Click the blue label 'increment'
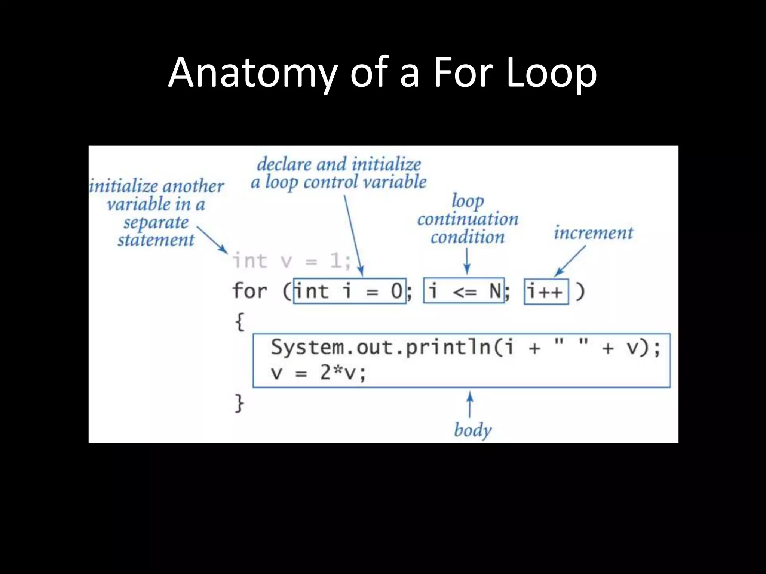click(593, 233)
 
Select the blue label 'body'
click(472, 430)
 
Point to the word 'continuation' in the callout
click(468, 219)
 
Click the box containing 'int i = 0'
click(349, 291)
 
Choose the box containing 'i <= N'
click(464, 291)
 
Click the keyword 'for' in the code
click(250, 291)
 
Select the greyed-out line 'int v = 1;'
click(292, 261)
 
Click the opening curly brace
click(239, 321)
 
